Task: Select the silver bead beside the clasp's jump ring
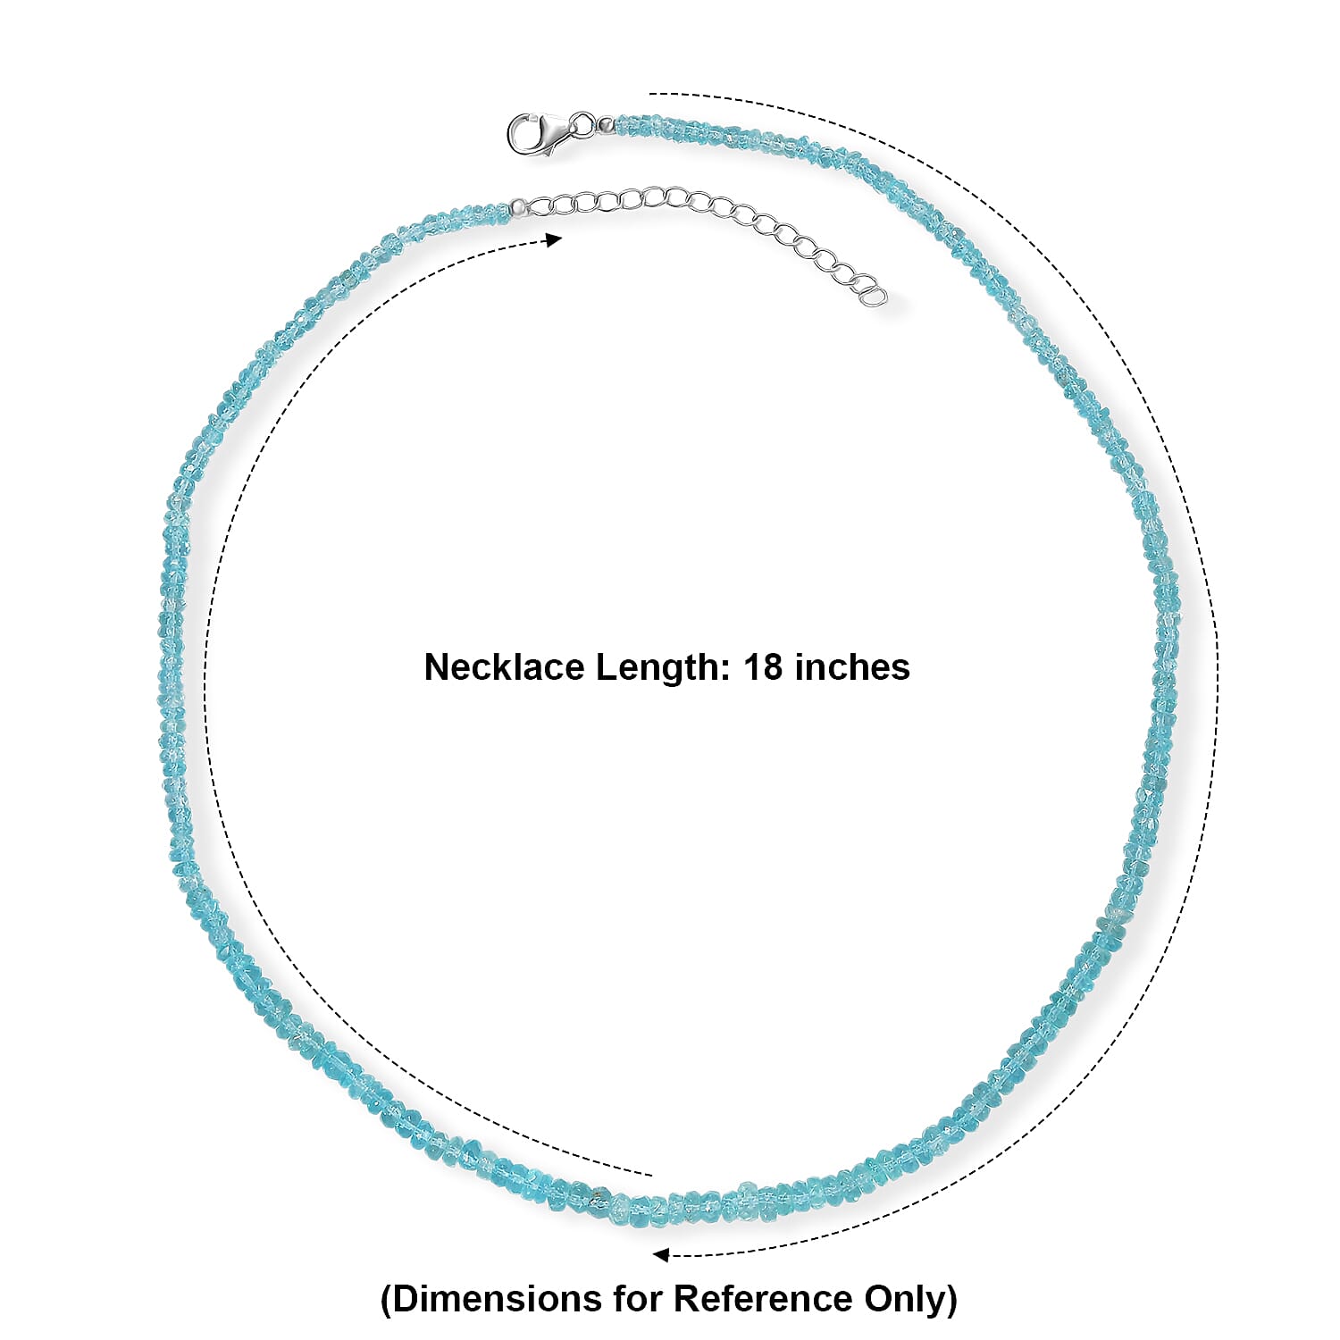pos(606,124)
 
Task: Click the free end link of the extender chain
pos(875,296)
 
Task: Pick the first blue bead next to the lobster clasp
pos(622,124)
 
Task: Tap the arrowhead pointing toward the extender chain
pos(554,239)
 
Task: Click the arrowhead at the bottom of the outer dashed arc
pos(661,1255)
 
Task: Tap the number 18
pos(764,667)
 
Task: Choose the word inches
pos(852,667)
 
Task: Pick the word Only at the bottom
pos(903,1300)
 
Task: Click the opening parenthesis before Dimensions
pos(387,1300)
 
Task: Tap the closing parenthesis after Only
pos(951,1300)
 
